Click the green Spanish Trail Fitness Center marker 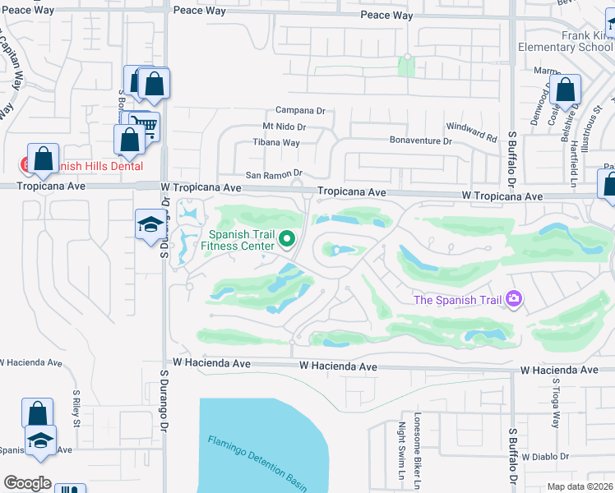pos(287,239)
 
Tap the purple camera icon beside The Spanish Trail pos(515,299)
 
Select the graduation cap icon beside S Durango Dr pos(150,226)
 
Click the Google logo pos(27,483)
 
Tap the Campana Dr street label pos(300,110)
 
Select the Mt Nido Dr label pos(284,127)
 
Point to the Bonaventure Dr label pos(421,141)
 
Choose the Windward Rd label pos(472,131)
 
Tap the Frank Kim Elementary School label pos(566,41)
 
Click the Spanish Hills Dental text pos(90,166)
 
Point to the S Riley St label pos(75,408)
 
